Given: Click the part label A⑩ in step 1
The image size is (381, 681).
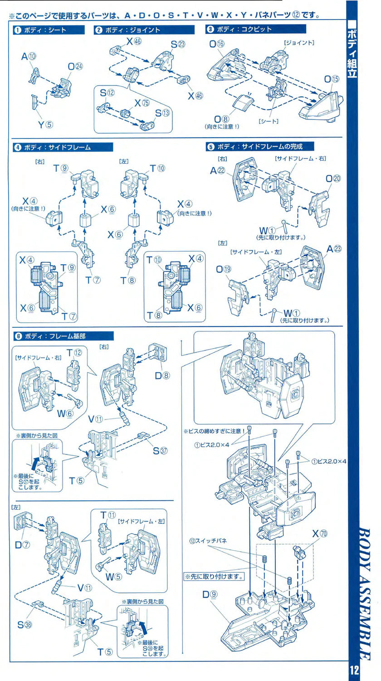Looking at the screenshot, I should pos(29,57).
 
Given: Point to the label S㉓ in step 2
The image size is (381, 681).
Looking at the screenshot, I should pos(178,44).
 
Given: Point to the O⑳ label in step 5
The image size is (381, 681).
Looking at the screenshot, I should pos(332,178).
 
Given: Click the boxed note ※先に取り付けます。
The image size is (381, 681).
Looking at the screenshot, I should pos(214,577).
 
